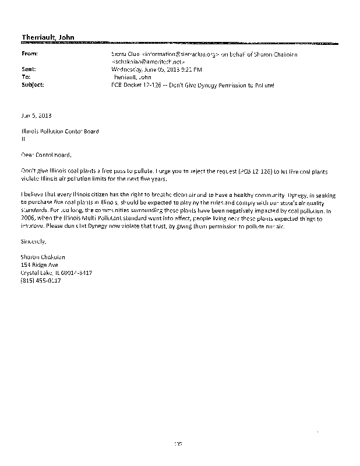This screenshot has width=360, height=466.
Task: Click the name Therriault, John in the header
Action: coord(47,38)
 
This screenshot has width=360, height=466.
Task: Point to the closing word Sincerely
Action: coord(33,241)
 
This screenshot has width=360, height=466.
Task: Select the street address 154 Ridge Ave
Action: coord(39,264)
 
